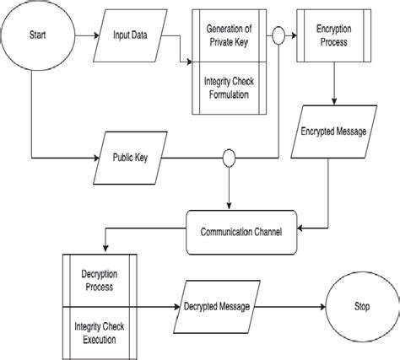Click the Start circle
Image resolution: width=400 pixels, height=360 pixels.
38,35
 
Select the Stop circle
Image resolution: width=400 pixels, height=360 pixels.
362,307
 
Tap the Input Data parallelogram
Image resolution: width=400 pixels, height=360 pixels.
130,35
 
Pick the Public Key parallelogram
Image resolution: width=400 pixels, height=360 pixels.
130,158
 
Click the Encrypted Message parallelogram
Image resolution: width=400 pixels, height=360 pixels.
334,132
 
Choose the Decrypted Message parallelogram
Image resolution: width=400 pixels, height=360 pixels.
217,307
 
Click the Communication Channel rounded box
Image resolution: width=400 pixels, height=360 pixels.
241,233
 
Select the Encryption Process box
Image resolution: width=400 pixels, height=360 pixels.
334,35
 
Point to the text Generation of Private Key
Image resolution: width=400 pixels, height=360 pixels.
229,35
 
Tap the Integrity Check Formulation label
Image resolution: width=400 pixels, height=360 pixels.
229,88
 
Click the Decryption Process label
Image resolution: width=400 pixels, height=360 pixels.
100,281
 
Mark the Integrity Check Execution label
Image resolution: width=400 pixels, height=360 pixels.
100,333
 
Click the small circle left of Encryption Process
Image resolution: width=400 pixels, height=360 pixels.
278,35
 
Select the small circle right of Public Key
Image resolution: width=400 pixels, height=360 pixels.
229,158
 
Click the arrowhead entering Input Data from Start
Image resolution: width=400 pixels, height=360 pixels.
96,35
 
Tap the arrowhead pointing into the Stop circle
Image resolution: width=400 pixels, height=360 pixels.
322,307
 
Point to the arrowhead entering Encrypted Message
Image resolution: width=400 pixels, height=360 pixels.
334,102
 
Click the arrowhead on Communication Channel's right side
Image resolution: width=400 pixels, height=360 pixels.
300,228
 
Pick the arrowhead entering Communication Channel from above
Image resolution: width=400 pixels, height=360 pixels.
229,207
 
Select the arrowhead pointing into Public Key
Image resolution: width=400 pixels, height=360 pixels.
96,158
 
